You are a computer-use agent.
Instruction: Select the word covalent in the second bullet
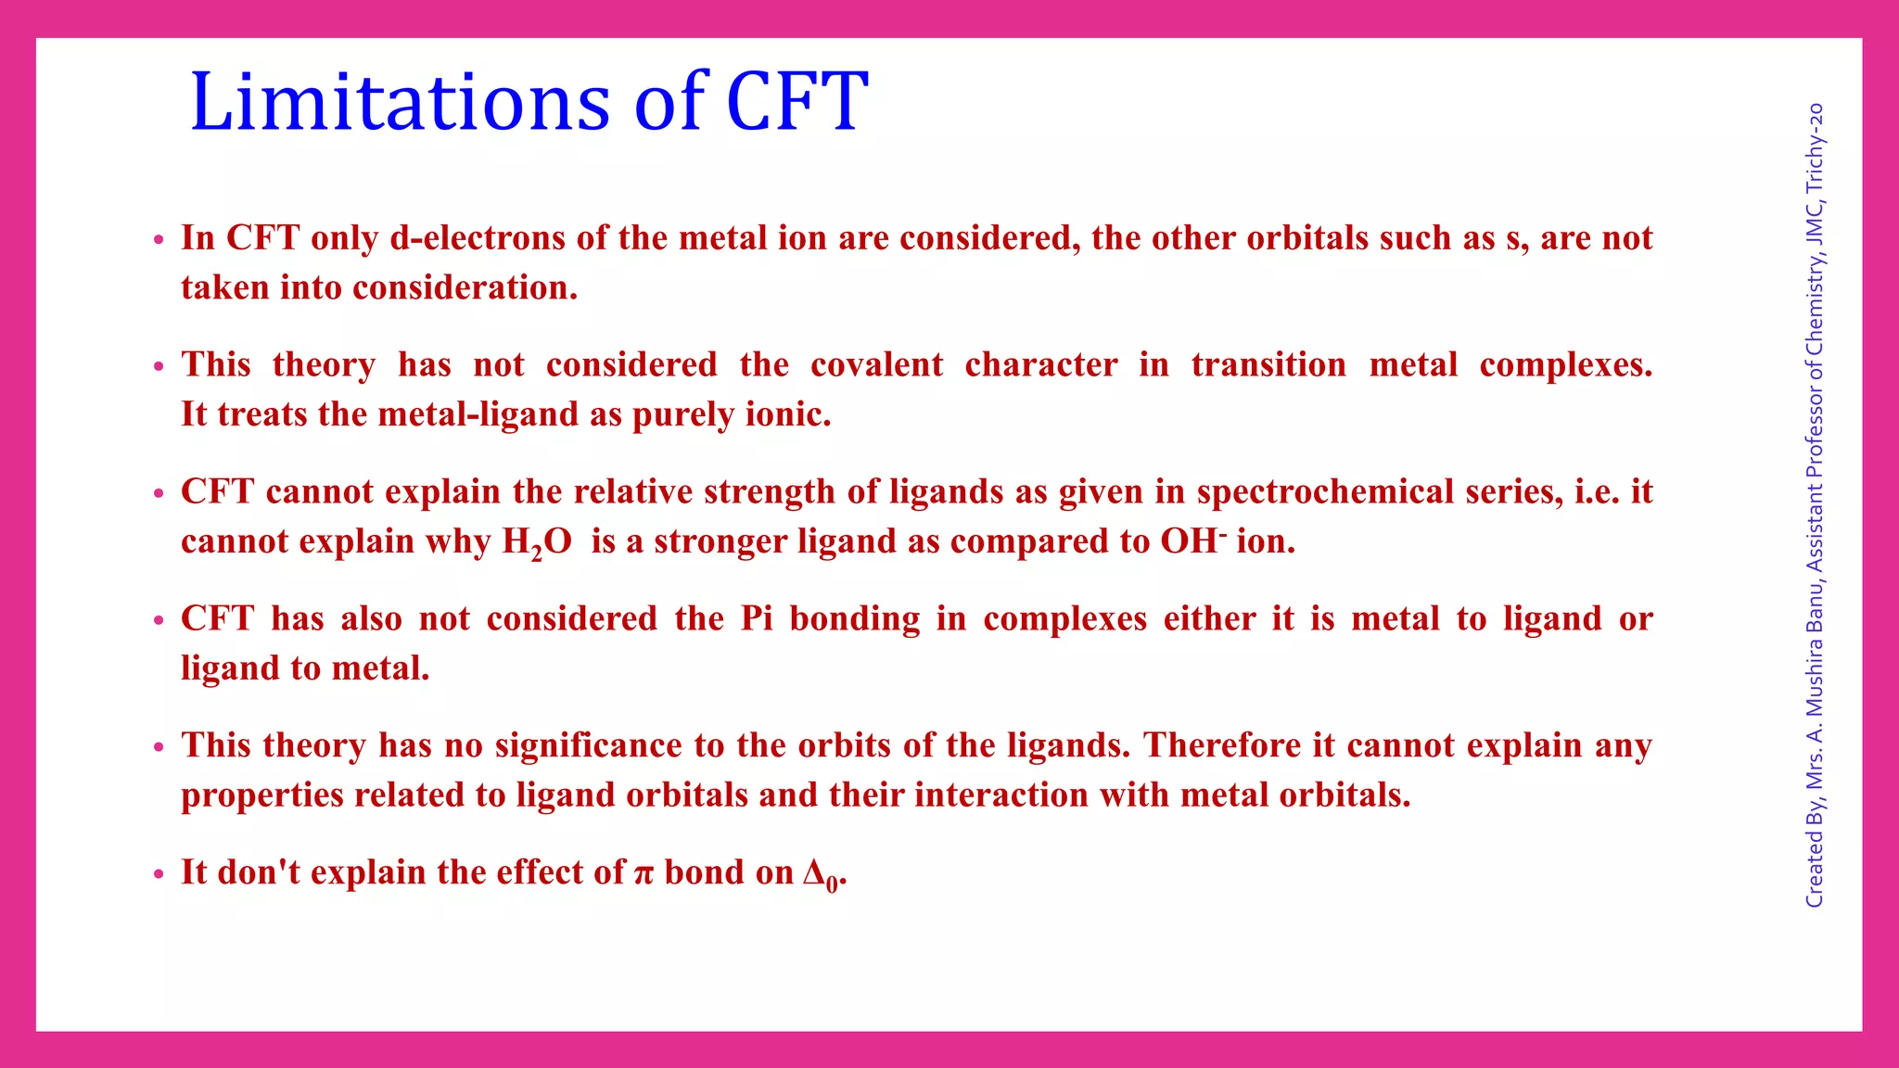[x=876, y=364]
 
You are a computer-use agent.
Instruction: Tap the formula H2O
[x=537, y=542]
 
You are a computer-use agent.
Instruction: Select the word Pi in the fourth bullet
[x=757, y=618]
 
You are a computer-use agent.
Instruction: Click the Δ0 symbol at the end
[x=822, y=874]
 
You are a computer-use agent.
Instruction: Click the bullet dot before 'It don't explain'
[x=159, y=874]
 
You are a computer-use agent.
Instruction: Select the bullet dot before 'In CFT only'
[x=159, y=240]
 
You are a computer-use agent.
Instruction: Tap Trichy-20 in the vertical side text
[x=1815, y=147]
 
